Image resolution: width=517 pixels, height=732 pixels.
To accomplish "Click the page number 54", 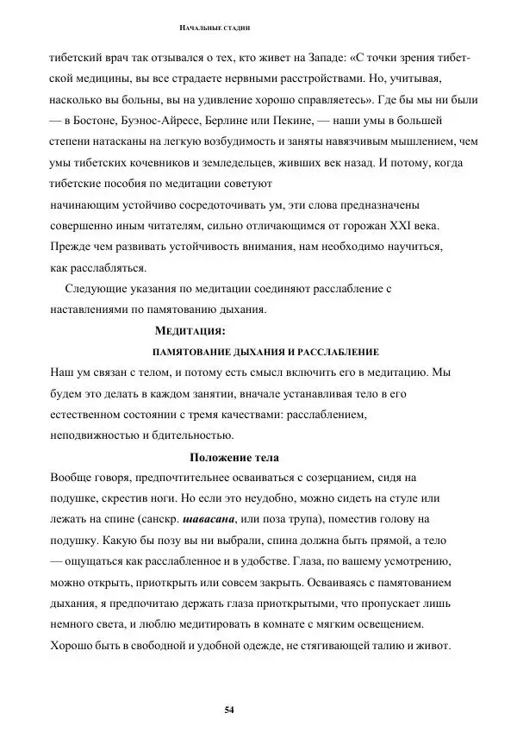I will [x=229, y=710].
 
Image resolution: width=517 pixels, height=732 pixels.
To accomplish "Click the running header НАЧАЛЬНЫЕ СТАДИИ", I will [x=214, y=29].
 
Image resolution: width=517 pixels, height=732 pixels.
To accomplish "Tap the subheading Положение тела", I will [x=234, y=457].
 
